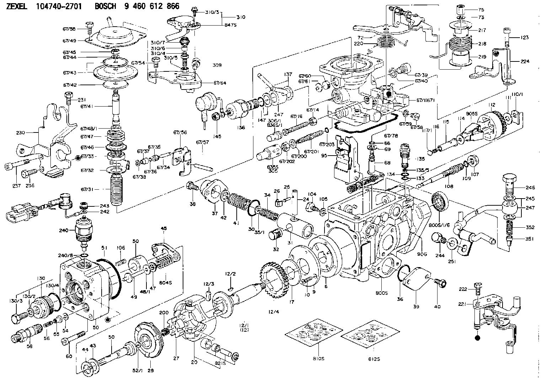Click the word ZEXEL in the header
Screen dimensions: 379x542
tap(17, 6)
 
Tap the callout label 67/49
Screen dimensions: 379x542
tap(70, 40)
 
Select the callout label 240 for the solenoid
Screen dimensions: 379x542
tap(64, 230)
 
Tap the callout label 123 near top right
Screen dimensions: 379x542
tap(525, 38)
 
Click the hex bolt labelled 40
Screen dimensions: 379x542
tap(441, 283)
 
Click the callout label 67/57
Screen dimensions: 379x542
tap(202, 142)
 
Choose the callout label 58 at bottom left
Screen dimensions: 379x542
tap(29, 346)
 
